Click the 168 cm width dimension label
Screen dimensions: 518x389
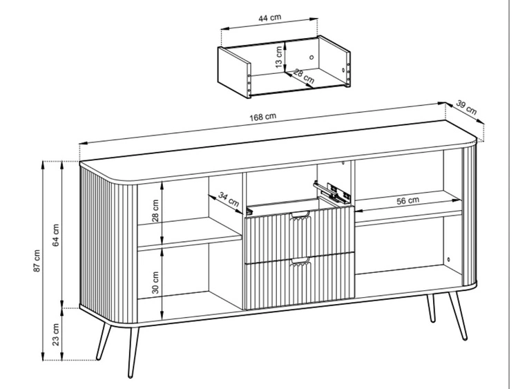coord(262,117)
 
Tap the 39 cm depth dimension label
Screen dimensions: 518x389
coord(466,107)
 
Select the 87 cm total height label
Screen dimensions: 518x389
coord(37,260)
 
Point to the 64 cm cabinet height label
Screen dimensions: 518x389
coord(56,235)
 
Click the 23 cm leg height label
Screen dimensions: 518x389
coord(56,334)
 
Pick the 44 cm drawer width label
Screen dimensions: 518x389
coord(269,17)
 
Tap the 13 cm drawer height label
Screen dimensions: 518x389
coord(279,57)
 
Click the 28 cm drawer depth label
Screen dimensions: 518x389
coord(304,76)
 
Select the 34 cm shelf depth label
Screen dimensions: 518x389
coord(229,199)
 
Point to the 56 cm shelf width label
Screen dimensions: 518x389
coord(407,200)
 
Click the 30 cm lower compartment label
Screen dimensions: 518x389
coord(155,283)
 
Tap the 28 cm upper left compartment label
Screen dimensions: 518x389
coord(155,211)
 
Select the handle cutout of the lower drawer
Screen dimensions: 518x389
coord(300,260)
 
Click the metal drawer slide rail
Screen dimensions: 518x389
coord(332,192)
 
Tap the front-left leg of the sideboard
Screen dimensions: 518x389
coord(133,352)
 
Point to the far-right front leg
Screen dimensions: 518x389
coord(457,316)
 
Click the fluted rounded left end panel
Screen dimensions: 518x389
coord(108,245)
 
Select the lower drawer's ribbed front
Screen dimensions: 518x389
coord(300,281)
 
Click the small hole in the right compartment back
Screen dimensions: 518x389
coord(448,259)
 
